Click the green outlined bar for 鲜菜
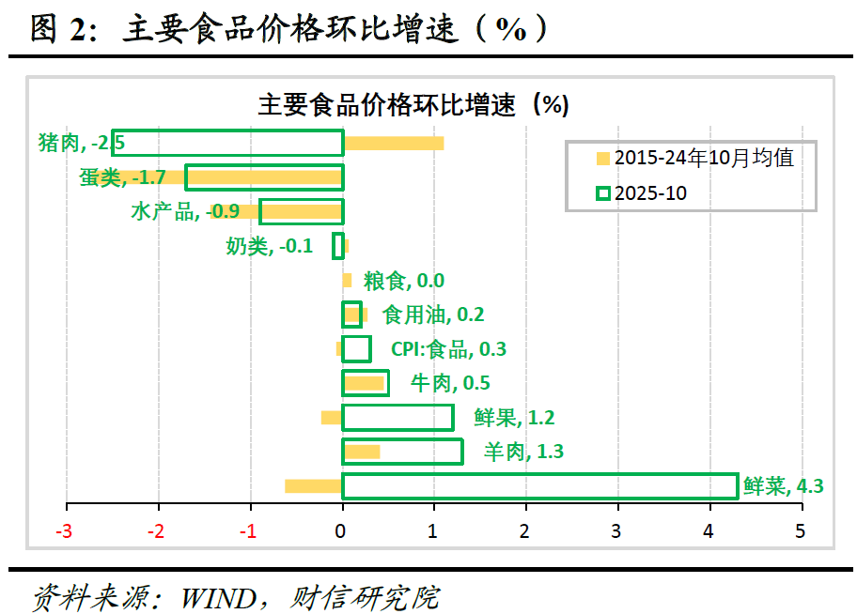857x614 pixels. point(539,486)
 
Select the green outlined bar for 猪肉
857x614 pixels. point(227,143)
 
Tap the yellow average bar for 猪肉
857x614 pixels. point(393,144)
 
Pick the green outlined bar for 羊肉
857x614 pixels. point(402,453)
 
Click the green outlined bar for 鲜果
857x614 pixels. point(397,418)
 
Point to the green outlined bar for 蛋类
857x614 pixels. point(264,177)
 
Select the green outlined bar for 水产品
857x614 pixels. point(301,211)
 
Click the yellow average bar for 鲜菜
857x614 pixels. point(313,486)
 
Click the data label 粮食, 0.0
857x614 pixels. point(404,281)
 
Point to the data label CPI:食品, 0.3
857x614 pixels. point(448,349)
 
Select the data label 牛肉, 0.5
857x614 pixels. point(450,383)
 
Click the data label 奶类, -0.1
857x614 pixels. point(269,246)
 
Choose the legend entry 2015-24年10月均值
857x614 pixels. point(696,158)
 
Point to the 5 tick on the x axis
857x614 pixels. point(801,531)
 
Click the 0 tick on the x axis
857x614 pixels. point(343,531)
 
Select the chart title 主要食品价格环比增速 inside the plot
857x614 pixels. point(413,103)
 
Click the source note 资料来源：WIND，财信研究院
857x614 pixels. point(235,597)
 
